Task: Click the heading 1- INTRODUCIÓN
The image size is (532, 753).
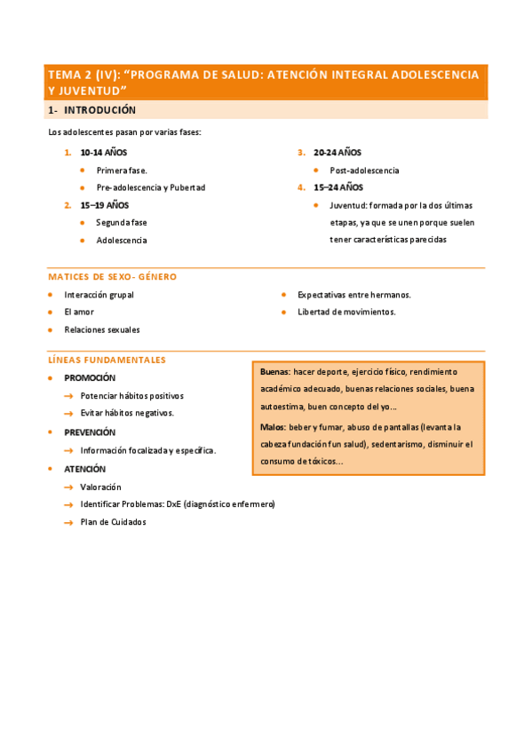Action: point(91,110)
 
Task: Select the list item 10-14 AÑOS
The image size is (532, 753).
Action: point(103,153)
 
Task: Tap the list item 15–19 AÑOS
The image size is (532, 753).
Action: point(104,205)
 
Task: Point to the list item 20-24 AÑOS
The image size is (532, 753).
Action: point(337,153)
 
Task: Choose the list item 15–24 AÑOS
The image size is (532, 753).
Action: point(337,187)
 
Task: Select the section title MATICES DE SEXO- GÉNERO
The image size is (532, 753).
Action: point(112,277)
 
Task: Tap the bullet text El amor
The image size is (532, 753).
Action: point(78,312)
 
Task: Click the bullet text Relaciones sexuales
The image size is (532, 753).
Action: point(101,329)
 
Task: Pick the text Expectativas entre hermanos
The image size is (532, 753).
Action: point(353,294)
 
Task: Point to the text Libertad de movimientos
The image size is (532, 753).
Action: point(346,312)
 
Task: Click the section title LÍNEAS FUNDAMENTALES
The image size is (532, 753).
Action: point(107,360)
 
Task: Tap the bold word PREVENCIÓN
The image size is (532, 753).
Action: point(90,432)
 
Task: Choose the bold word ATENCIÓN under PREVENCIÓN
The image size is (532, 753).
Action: point(84,469)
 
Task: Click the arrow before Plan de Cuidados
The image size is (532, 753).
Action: point(68,523)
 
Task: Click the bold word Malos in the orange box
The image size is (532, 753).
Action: point(273,426)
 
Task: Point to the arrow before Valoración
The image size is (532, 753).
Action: point(68,487)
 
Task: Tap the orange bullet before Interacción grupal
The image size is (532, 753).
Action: point(51,294)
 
